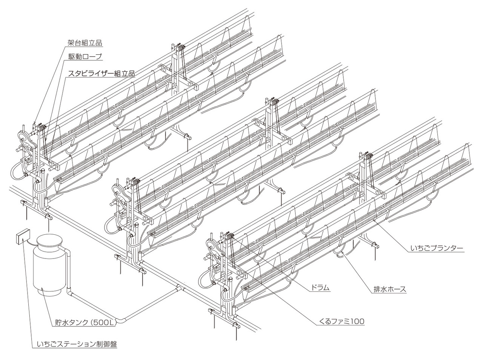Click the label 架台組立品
[85, 43]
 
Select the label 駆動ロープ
[85, 57]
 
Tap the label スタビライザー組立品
[101, 73]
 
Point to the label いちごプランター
[437, 248]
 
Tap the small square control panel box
[23, 237]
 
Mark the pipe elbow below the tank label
[121, 321]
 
